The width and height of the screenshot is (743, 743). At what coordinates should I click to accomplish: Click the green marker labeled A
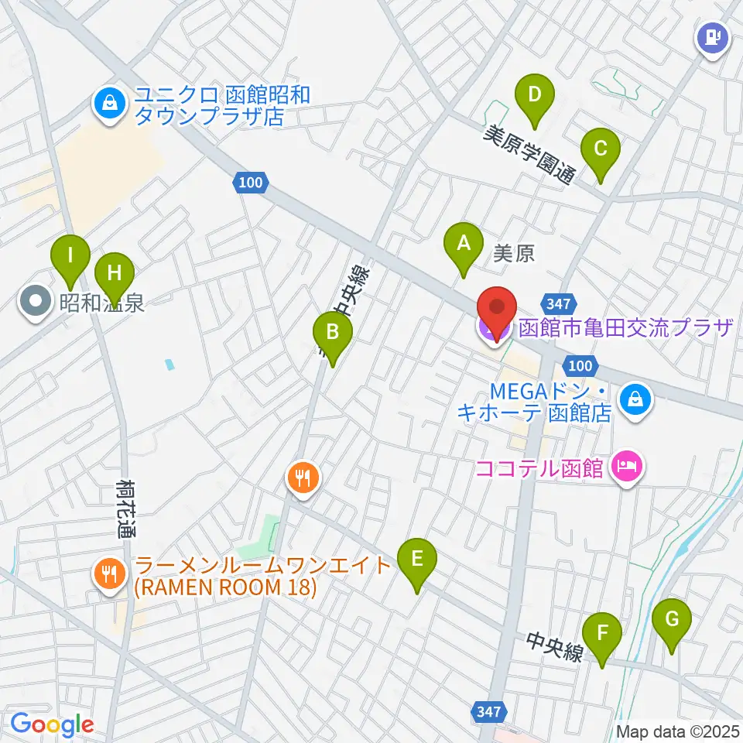pos(464,245)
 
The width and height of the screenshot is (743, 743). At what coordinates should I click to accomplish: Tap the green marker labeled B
pos(333,334)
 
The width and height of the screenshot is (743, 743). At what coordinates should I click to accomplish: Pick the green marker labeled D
pos(534,96)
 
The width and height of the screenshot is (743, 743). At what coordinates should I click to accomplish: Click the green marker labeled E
pos(416,560)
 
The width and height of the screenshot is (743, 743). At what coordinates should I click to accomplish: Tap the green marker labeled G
pos(671,620)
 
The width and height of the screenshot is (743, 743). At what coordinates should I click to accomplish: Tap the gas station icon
pos(711,36)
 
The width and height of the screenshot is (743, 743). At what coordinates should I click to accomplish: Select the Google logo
pos(52,725)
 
